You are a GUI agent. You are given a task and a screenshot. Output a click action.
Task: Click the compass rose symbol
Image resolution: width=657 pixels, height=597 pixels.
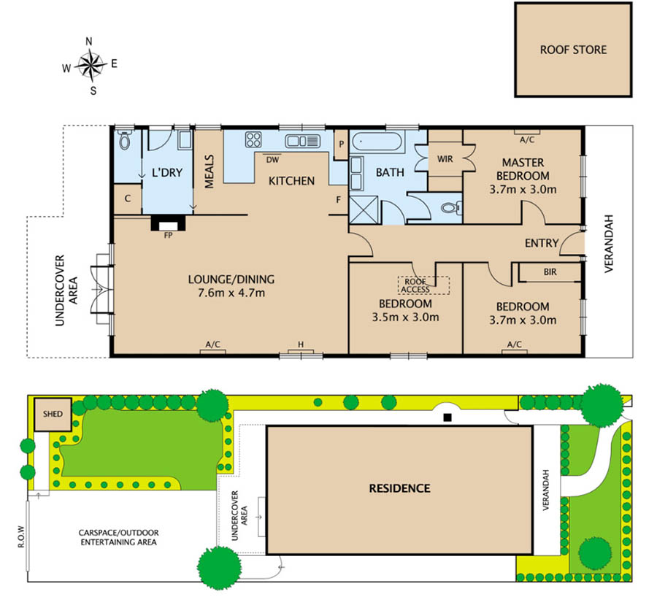click(91, 66)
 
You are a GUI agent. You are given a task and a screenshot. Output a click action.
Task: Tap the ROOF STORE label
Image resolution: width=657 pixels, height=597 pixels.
click(573, 50)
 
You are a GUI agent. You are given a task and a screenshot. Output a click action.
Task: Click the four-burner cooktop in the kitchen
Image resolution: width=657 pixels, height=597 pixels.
click(253, 139)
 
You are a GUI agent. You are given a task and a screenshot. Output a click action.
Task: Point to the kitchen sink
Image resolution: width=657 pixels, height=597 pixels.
click(302, 141)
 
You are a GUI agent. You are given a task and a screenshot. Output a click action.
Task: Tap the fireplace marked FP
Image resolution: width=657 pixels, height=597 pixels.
click(168, 223)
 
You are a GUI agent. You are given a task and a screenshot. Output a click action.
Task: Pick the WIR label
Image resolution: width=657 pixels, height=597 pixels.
click(445, 159)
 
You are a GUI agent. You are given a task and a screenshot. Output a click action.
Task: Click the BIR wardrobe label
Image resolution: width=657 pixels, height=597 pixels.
click(550, 272)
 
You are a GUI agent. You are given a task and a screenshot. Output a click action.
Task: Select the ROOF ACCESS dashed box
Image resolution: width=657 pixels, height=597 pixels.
click(423, 285)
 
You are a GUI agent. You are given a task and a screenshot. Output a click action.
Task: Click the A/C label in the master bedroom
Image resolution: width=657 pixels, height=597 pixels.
click(527, 140)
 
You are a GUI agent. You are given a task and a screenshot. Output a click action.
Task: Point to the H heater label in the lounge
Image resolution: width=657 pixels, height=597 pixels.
click(301, 344)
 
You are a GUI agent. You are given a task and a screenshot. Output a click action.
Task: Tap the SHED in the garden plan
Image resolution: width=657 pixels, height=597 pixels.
click(53, 415)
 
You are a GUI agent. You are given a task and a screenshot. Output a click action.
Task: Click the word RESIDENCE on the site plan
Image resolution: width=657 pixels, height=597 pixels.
click(399, 488)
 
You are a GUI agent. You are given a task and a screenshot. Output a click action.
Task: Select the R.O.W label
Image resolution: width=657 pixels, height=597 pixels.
click(21, 536)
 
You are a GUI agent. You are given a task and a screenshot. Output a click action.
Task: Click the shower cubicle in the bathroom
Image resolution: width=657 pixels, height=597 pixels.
click(364, 209)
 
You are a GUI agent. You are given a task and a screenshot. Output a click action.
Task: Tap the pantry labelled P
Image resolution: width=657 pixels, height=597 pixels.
click(341, 145)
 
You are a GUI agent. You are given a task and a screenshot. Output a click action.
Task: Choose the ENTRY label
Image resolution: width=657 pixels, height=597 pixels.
click(542, 243)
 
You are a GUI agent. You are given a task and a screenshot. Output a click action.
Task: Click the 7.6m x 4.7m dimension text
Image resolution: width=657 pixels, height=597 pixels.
click(231, 293)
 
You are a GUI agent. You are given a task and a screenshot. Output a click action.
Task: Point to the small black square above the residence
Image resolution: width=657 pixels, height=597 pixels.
click(448, 417)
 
